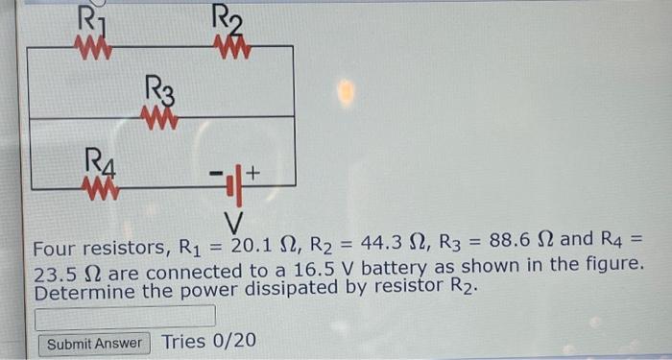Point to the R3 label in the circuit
click(160, 92)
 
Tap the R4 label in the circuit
click(100, 157)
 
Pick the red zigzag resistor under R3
click(159, 116)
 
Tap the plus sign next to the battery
click(254, 174)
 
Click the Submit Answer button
click(94, 344)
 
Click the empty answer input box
click(125, 316)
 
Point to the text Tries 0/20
click(209, 342)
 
